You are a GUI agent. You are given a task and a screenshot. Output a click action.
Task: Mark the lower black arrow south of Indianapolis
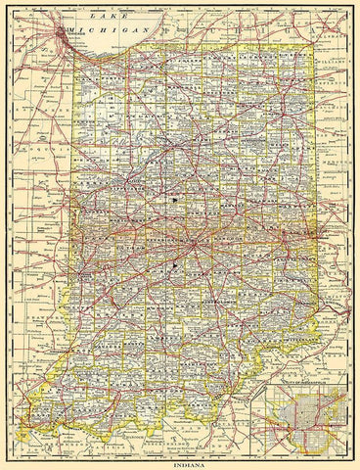(x=175, y=263)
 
